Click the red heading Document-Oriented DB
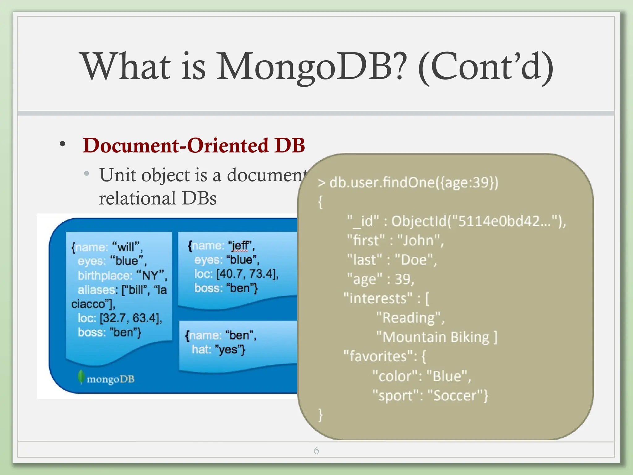194,145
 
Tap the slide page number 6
316,451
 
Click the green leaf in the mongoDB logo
81,377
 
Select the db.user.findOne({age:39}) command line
408,182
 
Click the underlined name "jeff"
240,246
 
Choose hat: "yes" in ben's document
218,349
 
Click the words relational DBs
158,198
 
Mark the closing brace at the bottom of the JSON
321,414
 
